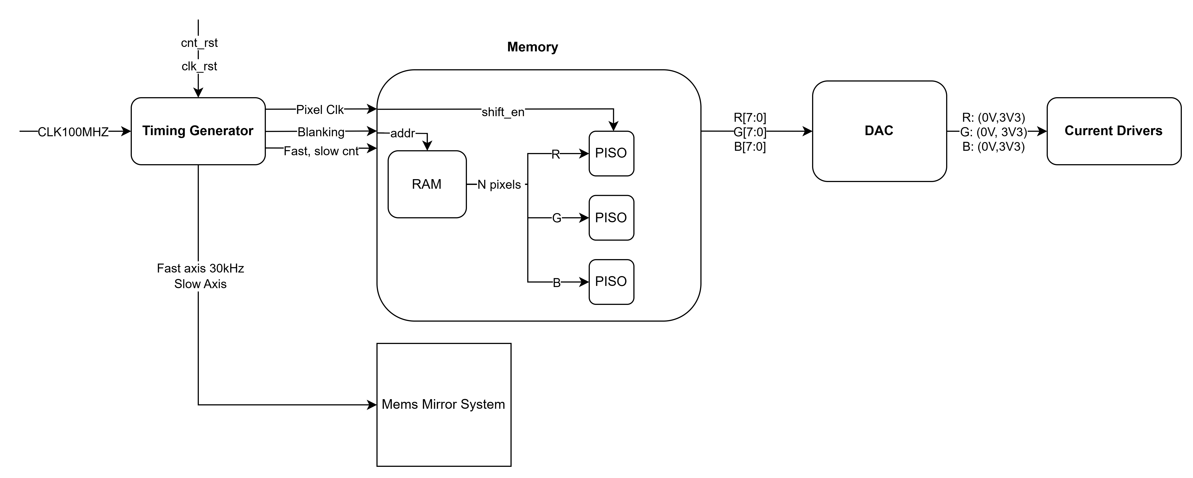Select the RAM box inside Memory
(426, 184)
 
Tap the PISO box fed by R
(611, 153)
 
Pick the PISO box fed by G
(611, 218)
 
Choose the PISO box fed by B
(611, 282)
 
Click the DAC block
(878, 131)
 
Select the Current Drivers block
(1113, 131)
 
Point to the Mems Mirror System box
(443, 404)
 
